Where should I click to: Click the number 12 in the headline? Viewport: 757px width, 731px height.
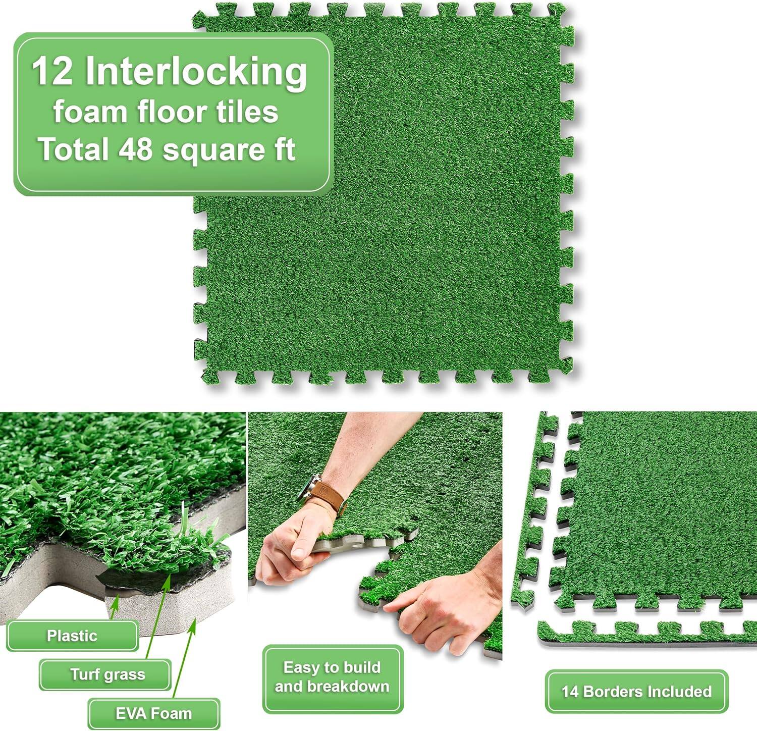coord(52,71)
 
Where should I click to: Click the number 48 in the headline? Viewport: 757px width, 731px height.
coord(135,149)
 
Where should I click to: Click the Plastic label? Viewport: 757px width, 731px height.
coord(72,636)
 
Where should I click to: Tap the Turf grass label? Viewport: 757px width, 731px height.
coord(107,674)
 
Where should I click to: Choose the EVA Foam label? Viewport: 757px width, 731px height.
coord(153,713)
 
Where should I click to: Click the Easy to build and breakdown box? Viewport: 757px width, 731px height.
coord(332,677)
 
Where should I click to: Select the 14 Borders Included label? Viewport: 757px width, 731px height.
coord(636,691)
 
